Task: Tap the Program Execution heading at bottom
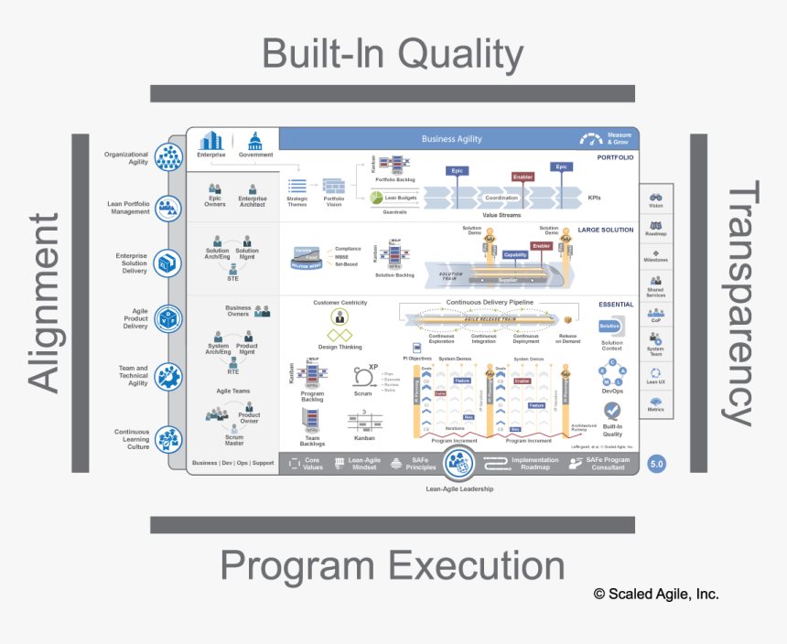[393, 566]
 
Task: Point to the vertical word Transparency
[745, 303]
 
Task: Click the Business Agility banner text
[451, 139]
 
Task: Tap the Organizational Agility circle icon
[168, 156]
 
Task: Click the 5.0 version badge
[656, 464]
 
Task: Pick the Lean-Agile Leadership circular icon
[458, 464]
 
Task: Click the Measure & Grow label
[619, 139]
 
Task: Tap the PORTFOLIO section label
[615, 157]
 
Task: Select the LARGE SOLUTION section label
[605, 230]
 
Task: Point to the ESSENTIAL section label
[615, 304]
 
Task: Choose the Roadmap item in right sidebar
[656, 228]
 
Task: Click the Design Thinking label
[340, 348]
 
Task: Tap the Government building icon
[255, 142]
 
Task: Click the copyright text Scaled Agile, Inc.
[656, 594]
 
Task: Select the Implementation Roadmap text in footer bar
[534, 464]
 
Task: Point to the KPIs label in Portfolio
[595, 197]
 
